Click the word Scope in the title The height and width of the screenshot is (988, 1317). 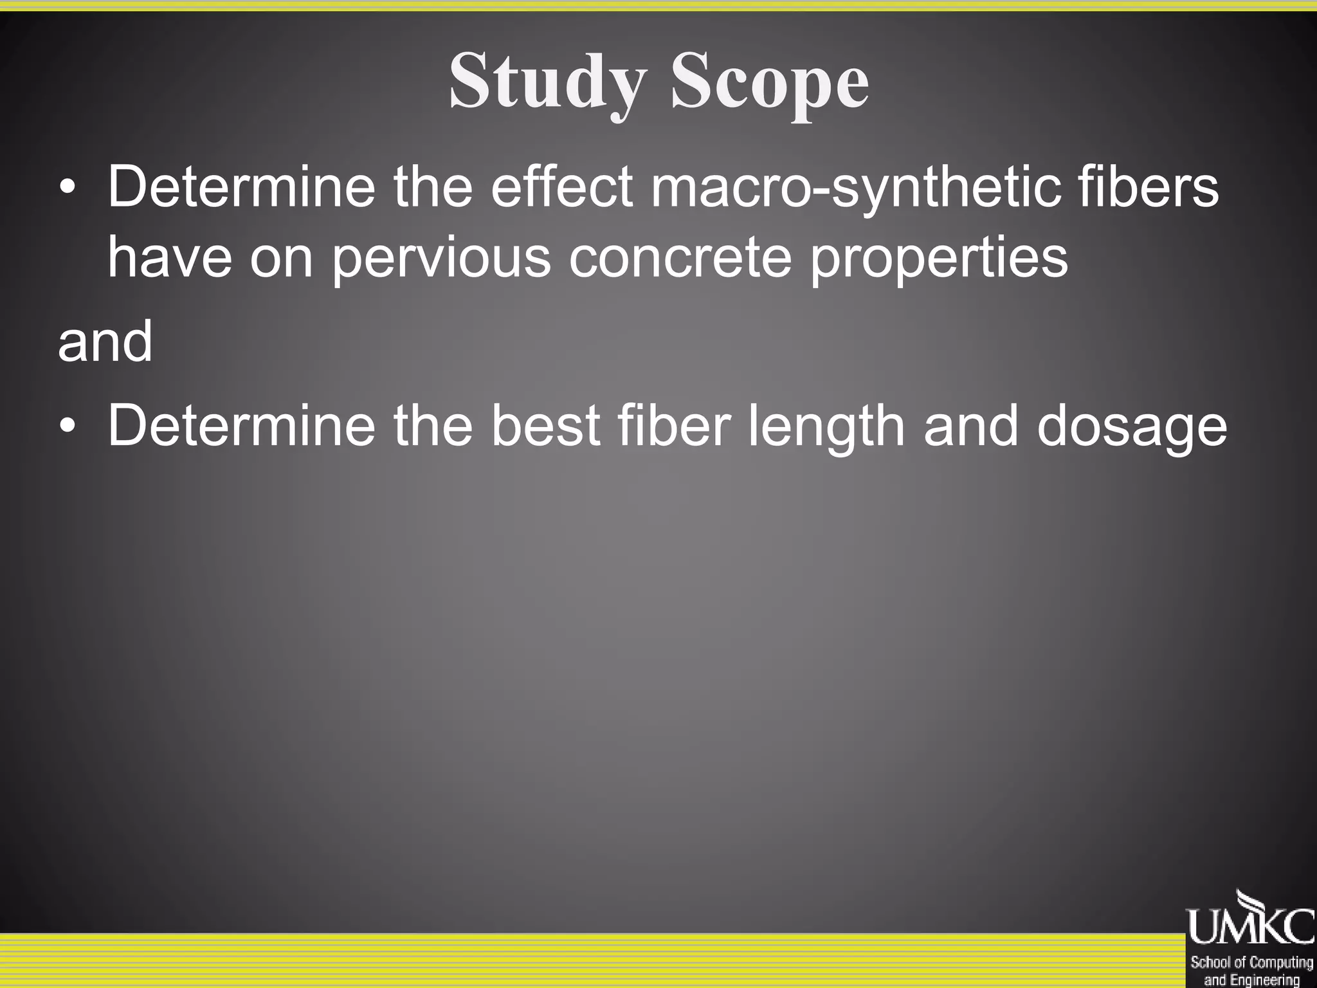pyautogui.click(x=770, y=82)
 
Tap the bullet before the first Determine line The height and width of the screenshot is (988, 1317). pyautogui.click(x=68, y=188)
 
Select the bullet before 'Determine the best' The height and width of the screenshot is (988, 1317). pyautogui.click(x=68, y=426)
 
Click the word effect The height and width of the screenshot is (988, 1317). pyautogui.click(x=562, y=188)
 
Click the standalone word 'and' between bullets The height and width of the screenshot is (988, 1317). pyautogui.click(x=105, y=342)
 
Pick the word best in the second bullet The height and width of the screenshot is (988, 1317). pyautogui.click(x=545, y=426)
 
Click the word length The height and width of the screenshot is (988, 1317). pyautogui.click(x=826, y=426)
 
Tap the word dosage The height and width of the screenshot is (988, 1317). pyautogui.click(x=1132, y=426)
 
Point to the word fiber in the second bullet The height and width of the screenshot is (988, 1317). pyautogui.click(x=674, y=426)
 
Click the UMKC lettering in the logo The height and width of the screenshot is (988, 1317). pyautogui.click(x=1250, y=926)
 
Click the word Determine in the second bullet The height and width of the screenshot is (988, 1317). pyautogui.click(x=241, y=426)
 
